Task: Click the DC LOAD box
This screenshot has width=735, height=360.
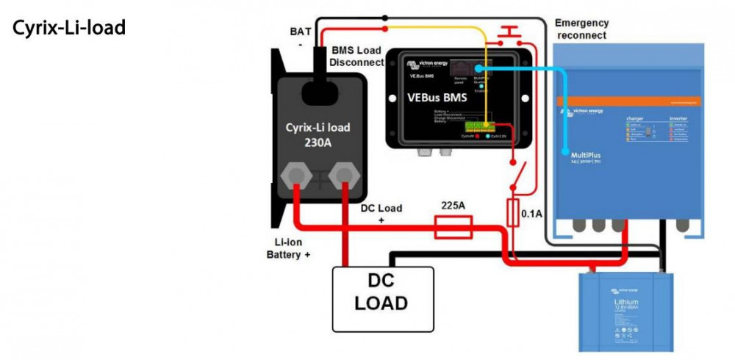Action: pos(381,292)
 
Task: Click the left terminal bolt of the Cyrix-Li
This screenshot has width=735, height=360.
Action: pos(295,175)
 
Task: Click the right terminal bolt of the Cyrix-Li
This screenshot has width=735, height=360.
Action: pos(342,175)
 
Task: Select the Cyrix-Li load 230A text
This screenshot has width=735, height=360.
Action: pos(318,134)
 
